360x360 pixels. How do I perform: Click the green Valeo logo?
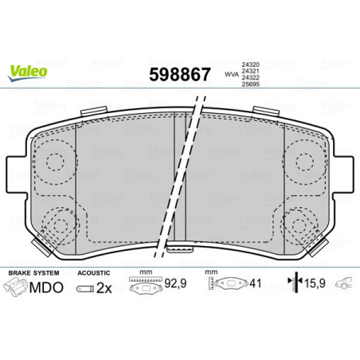29,71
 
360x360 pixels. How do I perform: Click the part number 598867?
180,76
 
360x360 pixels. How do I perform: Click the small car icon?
344,284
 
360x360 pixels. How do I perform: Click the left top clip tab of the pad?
96,110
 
